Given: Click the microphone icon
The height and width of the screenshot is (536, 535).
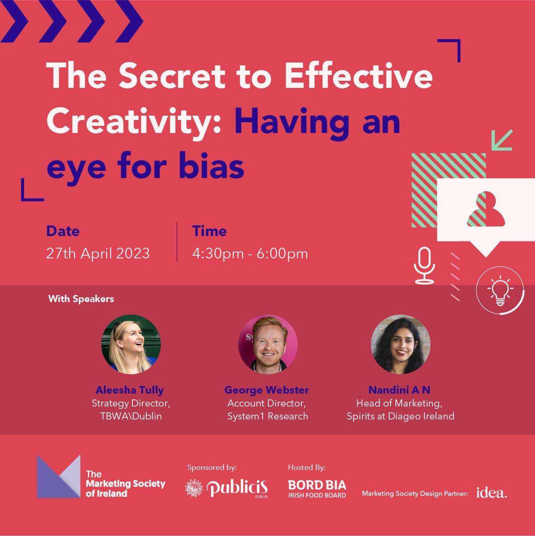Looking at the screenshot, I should [424, 265].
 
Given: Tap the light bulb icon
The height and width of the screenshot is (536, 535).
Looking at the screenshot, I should [500, 291].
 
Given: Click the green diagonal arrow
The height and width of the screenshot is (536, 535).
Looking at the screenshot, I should [502, 140].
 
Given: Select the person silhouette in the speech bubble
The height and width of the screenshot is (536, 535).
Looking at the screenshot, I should [486, 209].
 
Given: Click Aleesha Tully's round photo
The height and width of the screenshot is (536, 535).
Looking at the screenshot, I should [131, 344].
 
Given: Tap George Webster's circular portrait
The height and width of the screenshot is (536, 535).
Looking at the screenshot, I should [268, 344].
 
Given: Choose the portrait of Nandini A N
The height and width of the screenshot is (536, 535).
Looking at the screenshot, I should [401, 344].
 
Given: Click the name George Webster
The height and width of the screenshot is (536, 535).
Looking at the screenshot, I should [266, 390].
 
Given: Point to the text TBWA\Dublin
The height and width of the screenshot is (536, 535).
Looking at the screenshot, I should [131, 416].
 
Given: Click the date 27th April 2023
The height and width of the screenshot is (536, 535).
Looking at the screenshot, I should [98, 254].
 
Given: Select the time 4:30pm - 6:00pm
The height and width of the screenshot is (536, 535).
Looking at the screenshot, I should [250, 254].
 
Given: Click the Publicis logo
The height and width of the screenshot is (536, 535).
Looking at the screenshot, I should [227, 488].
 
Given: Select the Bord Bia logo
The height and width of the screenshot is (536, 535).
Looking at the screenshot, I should [317, 489].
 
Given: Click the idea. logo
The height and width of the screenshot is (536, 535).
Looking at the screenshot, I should [491, 493].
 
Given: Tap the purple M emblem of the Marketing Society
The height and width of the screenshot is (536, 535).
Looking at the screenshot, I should [58, 477].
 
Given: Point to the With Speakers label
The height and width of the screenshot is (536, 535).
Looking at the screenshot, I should [81, 299].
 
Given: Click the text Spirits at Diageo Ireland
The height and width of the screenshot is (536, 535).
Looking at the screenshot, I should [400, 416].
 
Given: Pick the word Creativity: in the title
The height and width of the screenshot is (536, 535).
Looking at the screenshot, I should [134, 121].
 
